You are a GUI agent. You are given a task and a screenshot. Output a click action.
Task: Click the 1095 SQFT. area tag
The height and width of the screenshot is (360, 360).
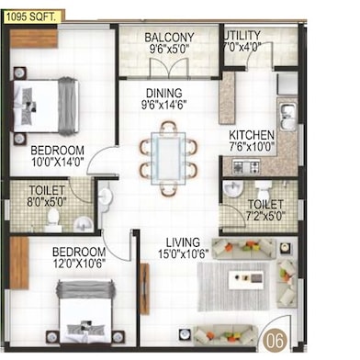31,17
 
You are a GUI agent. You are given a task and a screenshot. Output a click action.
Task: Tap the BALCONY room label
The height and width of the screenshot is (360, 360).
169,38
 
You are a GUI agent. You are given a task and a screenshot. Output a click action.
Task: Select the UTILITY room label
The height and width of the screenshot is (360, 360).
242,35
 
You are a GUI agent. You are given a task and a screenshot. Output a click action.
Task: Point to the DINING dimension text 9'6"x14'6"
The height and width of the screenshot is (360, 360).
164,105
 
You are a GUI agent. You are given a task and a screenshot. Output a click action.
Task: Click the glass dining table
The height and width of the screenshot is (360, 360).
168,158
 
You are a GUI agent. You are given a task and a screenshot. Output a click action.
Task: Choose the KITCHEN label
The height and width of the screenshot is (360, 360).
252,135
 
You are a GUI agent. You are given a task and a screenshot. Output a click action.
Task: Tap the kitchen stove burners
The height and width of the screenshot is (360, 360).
247,166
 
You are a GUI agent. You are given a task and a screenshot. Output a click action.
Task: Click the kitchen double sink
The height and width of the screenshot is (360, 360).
287,117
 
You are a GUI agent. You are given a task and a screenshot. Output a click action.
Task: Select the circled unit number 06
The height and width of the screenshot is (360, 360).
275,341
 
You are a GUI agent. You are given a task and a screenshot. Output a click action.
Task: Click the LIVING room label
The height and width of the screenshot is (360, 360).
183,242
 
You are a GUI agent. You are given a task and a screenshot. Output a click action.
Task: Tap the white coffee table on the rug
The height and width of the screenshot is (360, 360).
246,279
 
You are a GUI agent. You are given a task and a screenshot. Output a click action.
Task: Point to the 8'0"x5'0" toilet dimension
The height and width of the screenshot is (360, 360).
47,202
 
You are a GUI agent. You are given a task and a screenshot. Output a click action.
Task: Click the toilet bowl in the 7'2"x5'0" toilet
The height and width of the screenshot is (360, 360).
264,190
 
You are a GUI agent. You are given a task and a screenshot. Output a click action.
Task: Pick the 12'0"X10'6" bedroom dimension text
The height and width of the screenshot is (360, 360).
79,264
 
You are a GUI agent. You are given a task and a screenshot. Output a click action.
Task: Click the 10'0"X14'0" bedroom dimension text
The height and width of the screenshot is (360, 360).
58,162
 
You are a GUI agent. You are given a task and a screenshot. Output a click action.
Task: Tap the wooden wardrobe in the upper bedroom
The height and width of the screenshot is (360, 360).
34,39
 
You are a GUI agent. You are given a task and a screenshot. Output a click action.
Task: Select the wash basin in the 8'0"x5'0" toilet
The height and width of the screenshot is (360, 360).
83,223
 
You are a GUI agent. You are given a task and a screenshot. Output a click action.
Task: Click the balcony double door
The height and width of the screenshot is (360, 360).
168,68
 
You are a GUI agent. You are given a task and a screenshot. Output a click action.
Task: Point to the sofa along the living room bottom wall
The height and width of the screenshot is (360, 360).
225,335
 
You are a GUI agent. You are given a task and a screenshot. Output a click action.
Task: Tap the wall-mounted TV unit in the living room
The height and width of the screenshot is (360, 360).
144,288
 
